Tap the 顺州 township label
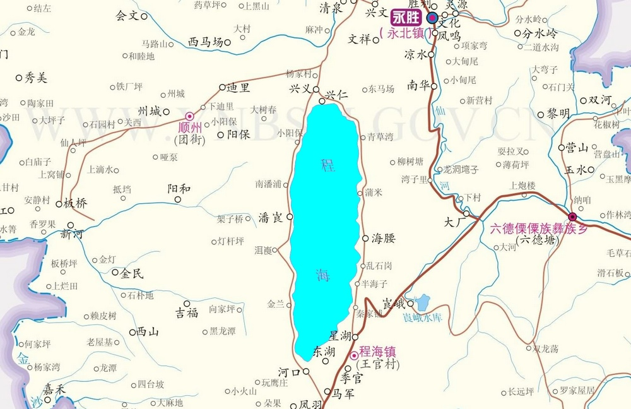pyautogui.click(x=189, y=128)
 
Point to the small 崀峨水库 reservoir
pyautogui.click(x=422, y=303)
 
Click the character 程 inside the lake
pyautogui.click(x=328, y=165)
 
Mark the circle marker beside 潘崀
pyautogui.click(x=290, y=216)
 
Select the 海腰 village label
pyautogui.click(x=383, y=238)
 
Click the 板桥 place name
pyautogui.click(x=76, y=203)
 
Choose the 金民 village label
pyautogui.click(x=132, y=273)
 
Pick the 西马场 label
pyautogui.click(x=206, y=42)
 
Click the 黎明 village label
pyautogui.click(x=558, y=114)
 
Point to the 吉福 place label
pyautogui.click(x=187, y=312)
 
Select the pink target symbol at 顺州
pyautogui.click(x=189, y=116)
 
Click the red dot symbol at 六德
pyautogui.click(x=572, y=216)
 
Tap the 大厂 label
pyautogui.click(x=454, y=222)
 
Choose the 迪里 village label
pyautogui.click(x=239, y=88)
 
